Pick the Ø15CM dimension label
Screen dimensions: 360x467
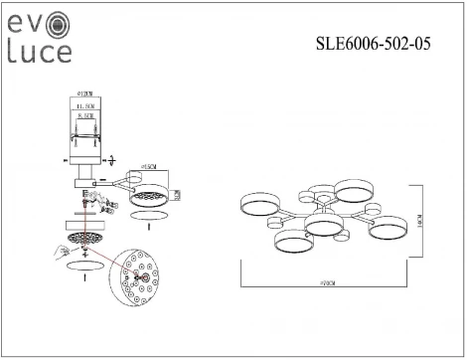pos(150,166)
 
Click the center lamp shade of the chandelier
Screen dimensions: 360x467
pos(324,226)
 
